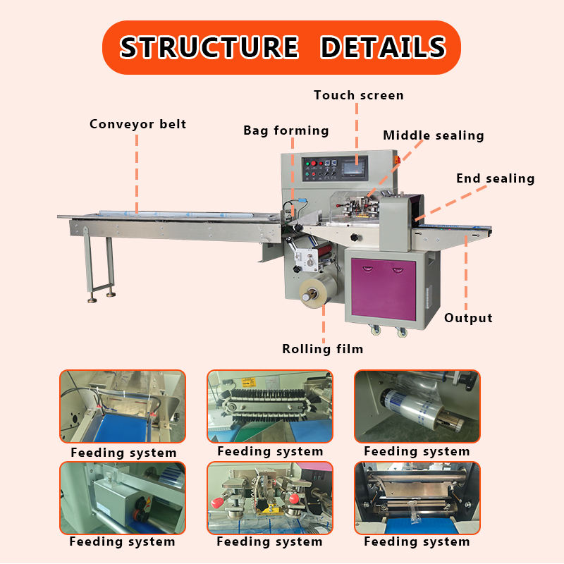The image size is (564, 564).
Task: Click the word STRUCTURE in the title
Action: [x=209, y=47]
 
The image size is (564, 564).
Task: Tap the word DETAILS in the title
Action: [x=383, y=47]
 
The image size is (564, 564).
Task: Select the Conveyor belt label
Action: [x=137, y=124]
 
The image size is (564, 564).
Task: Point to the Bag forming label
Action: [x=286, y=130]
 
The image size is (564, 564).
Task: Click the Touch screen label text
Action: [x=359, y=95]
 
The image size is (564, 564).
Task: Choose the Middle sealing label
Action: [x=434, y=135]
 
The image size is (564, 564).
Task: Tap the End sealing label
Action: [x=495, y=178]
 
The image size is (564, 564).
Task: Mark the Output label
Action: [x=468, y=318]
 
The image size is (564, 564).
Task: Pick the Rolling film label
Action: [x=323, y=349]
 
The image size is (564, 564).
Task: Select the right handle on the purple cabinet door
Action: [x=409, y=266]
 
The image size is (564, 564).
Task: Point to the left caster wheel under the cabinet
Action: [x=373, y=330]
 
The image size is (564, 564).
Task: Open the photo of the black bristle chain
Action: [x=270, y=407]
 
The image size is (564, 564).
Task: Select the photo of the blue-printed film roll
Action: [x=417, y=407]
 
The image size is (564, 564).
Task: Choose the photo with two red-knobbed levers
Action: [x=270, y=498]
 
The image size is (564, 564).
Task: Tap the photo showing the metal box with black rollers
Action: [x=123, y=498]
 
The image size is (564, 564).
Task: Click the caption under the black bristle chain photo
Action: [x=270, y=451]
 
